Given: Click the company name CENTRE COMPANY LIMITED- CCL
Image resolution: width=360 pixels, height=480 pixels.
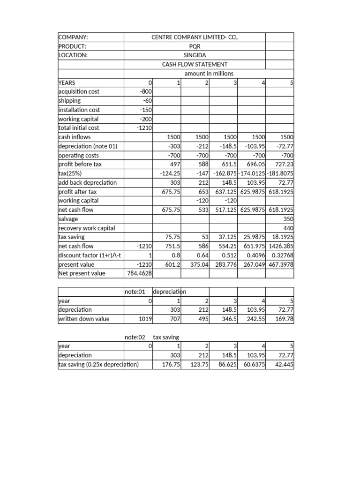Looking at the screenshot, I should click(x=195, y=37).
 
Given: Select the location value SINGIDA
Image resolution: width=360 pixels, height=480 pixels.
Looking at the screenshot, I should click(x=195, y=55).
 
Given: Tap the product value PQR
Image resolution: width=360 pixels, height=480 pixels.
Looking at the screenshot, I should click(x=195, y=46).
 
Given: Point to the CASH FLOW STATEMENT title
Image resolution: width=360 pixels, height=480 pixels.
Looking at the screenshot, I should click(x=195, y=64).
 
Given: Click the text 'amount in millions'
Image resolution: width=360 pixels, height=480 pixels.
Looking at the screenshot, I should click(x=209, y=74).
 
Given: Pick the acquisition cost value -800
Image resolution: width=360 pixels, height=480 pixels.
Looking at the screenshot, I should click(x=144, y=91).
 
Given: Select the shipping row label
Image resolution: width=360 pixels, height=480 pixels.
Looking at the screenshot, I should click(x=69, y=101).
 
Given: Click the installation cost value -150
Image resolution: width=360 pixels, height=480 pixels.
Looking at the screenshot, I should click(x=144, y=110).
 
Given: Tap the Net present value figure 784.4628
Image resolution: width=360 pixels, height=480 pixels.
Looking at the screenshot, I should click(x=139, y=273).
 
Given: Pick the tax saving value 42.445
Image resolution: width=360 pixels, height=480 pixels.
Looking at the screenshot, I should click(x=284, y=364).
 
